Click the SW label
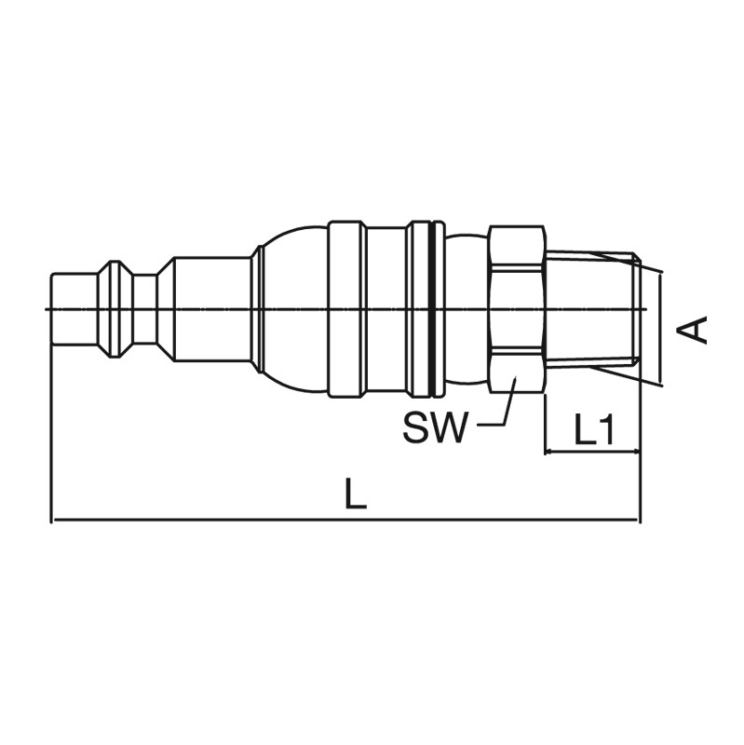click(x=432, y=427)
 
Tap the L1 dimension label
click(x=594, y=429)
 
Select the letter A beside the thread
click(x=692, y=329)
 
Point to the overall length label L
click(x=357, y=494)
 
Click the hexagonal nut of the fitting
click(x=517, y=309)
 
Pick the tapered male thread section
click(x=592, y=309)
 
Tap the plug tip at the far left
click(x=74, y=309)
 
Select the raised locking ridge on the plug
click(x=115, y=309)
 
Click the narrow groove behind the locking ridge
click(x=145, y=309)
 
